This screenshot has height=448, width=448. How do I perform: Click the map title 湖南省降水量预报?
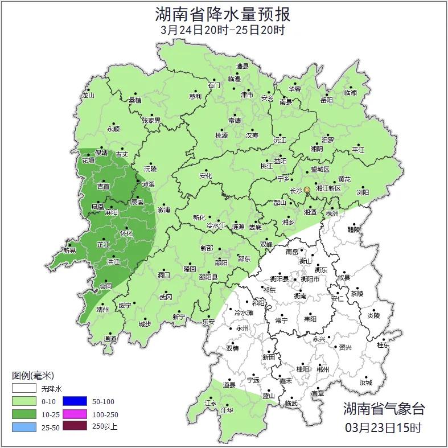point(223,14)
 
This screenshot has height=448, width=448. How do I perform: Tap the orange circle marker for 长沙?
point(307,190)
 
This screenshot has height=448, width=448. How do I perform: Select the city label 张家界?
point(151,121)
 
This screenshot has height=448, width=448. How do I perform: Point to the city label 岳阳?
point(326,100)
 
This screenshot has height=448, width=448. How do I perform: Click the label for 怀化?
point(126,233)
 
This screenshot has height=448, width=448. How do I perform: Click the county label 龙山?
point(88,96)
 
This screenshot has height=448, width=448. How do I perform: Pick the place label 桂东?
point(383,345)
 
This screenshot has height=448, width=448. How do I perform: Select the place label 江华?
point(227,410)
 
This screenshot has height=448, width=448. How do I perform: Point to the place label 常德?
point(234,120)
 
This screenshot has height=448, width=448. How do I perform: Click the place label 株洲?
point(331,213)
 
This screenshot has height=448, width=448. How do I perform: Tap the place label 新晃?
point(69,250)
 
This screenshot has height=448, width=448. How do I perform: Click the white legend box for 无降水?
point(24,389)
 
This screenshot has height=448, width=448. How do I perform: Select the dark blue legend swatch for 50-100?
point(74,401)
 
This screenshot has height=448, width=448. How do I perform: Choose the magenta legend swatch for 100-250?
point(74,414)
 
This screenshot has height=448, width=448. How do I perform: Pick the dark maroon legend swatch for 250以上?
point(74,426)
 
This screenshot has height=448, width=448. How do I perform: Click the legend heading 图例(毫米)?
point(32,376)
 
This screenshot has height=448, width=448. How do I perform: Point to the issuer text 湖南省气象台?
point(383,408)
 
